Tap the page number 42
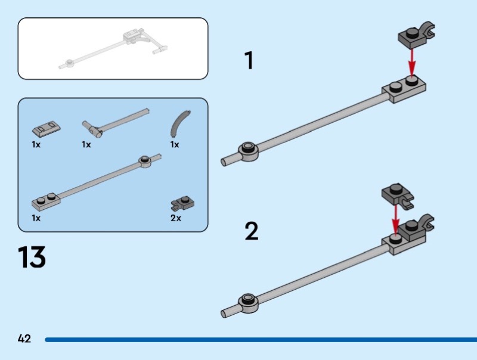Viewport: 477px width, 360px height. [x=24, y=339]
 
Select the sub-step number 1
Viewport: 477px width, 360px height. [x=249, y=61]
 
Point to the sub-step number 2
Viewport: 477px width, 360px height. [x=252, y=231]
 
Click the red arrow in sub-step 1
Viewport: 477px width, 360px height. [x=411, y=63]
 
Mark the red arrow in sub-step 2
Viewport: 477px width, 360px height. [x=394, y=218]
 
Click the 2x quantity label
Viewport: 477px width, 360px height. [x=175, y=218]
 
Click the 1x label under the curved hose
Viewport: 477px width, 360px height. [x=174, y=145]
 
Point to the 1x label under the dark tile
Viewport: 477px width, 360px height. [x=36, y=145]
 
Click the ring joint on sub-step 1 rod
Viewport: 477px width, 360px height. [x=249, y=151]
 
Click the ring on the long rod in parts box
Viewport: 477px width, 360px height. [x=144, y=160]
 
